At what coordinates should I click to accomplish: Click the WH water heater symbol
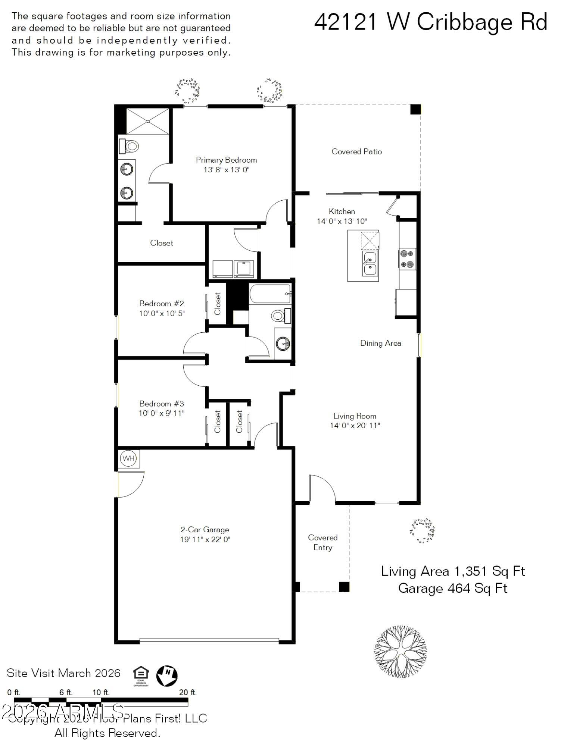(x=129, y=458)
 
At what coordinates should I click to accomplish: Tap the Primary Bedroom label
(x=226, y=160)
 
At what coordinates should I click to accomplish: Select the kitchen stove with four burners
(x=407, y=259)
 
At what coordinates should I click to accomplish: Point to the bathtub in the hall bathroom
(x=270, y=294)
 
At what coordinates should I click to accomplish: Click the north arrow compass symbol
(x=167, y=676)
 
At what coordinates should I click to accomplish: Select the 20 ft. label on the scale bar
(x=188, y=693)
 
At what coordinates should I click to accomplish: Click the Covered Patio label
(x=356, y=151)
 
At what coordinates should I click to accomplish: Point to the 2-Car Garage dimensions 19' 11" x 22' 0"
(x=205, y=539)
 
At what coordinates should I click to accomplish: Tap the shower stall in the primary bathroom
(x=148, y=121)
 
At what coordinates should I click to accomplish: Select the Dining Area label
(x=380, y=343)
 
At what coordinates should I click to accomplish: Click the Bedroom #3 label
(x=161, y=404)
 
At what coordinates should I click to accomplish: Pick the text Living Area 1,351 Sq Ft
(x=453, y=571)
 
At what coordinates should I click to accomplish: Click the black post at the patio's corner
(x=415, y=109)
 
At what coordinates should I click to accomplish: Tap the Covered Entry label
(x=322, y=542)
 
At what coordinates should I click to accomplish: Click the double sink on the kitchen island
(x=370, y=263)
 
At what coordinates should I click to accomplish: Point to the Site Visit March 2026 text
(x=63, y=673)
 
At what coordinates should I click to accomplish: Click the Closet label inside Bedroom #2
(x=218, y=303)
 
